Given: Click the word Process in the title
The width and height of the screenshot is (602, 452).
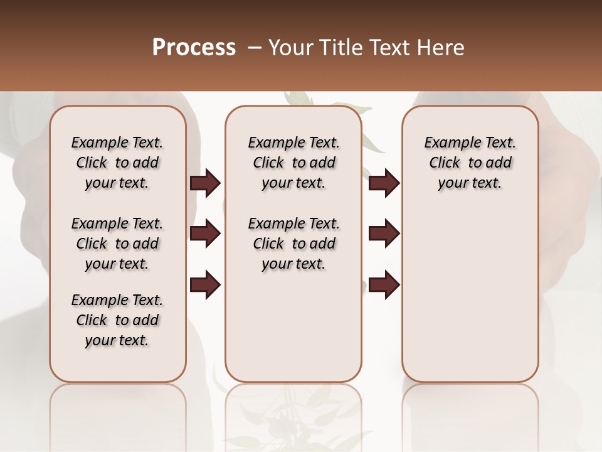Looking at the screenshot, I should point(194,47).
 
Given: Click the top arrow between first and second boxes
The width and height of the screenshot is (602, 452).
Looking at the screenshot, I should point(205,183).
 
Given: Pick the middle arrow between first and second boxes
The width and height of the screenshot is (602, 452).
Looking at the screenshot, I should point(205,234).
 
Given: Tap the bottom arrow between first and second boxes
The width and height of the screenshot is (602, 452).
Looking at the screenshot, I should point(205,284).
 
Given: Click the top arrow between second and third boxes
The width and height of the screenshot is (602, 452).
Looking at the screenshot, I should point(384,183).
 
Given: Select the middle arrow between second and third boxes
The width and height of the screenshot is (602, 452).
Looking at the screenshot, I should point(384,234).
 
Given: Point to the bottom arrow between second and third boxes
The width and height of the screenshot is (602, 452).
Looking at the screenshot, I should point(384,284).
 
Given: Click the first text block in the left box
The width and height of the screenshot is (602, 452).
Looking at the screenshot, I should point(117,163).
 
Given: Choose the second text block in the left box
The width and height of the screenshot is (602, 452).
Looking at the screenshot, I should point(117,244).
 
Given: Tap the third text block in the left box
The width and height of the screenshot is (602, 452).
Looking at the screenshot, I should point(117,320).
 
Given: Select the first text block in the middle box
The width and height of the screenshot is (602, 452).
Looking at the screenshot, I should point(293,163).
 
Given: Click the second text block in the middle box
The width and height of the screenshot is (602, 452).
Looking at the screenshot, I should point(293,244).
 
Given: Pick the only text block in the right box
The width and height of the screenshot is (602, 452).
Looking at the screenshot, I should point(470,163).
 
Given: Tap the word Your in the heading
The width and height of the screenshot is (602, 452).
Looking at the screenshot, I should point(289,48).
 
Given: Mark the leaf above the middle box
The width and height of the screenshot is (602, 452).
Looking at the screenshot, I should point(299,99).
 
